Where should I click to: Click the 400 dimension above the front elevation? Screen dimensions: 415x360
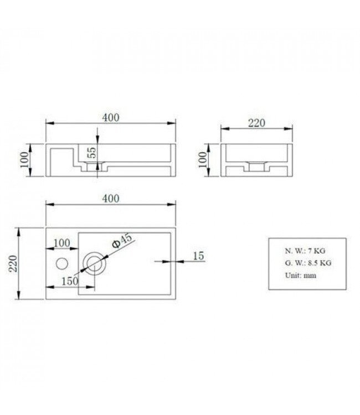[x=111, y=118]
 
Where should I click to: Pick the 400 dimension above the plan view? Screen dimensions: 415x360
[x=111, y=199]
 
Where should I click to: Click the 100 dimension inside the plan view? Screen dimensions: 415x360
[x=63, y=243]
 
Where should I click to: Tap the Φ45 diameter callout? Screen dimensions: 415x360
[x=122, y=241]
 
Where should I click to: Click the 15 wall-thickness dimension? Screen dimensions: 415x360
[x=199, y=256]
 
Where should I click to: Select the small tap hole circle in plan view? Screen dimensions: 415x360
[x=62, y=262]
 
